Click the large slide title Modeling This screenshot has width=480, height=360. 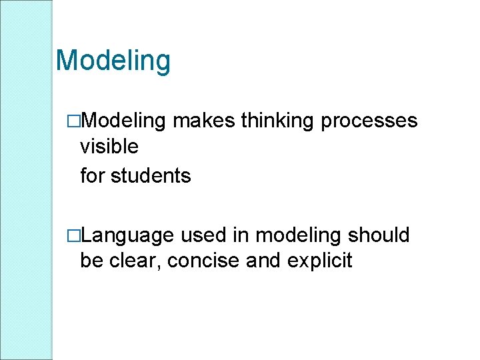tap(113, 61)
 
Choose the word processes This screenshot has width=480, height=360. tap(370, 121)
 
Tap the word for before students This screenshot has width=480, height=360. tap(92, 176)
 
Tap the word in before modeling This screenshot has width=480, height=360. tap(241, 235)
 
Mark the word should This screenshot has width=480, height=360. tap(379, 235)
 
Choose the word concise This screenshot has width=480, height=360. tap(203, 260)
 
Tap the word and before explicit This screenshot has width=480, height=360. tap(263, 260)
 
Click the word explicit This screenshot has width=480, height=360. tap(319, 261)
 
